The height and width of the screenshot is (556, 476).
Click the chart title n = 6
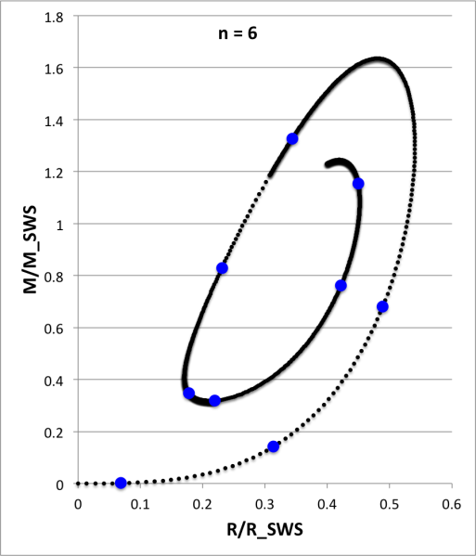click(231, 34)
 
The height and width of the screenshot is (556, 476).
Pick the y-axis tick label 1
click(60, 224)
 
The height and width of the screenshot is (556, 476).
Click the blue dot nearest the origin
click(121, 483)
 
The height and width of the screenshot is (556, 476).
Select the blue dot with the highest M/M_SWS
click(292, 139)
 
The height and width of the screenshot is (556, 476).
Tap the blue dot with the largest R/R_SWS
click(382, 307)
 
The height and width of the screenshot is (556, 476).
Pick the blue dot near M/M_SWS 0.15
click(274, 446)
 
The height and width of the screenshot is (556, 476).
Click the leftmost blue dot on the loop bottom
click(189, 394)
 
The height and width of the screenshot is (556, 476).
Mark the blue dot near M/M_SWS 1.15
click(358, 184)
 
